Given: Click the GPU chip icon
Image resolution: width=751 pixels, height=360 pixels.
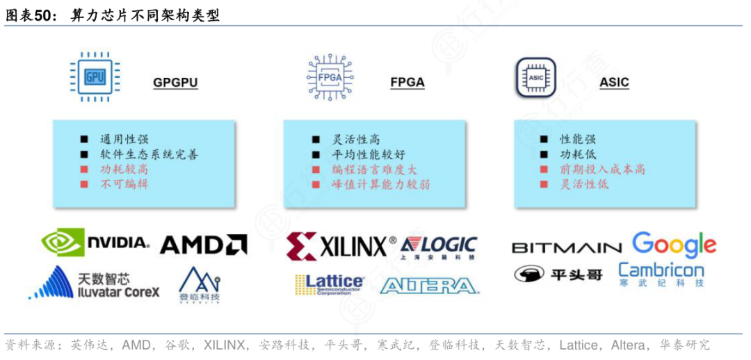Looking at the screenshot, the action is coord(95,76).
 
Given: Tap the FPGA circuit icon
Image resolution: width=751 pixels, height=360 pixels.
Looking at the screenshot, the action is coord(330,76).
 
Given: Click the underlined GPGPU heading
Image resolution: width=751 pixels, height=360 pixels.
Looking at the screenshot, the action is coord(175,83).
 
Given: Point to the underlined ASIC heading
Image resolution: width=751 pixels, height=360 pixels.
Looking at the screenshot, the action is coord(614,83).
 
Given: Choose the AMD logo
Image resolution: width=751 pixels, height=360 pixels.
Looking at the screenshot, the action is coord(204,244).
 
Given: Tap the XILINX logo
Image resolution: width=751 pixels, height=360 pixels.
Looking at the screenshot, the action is coord(341,247).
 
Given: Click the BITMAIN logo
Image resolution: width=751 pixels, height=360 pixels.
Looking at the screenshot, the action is coord(567,248).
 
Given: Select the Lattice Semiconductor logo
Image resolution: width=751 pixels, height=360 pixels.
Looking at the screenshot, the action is coord(329,284).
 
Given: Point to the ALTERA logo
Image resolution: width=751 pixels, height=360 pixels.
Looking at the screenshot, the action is coord(430,286).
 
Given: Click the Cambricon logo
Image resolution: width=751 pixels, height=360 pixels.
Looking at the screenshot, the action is coord(661,275).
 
